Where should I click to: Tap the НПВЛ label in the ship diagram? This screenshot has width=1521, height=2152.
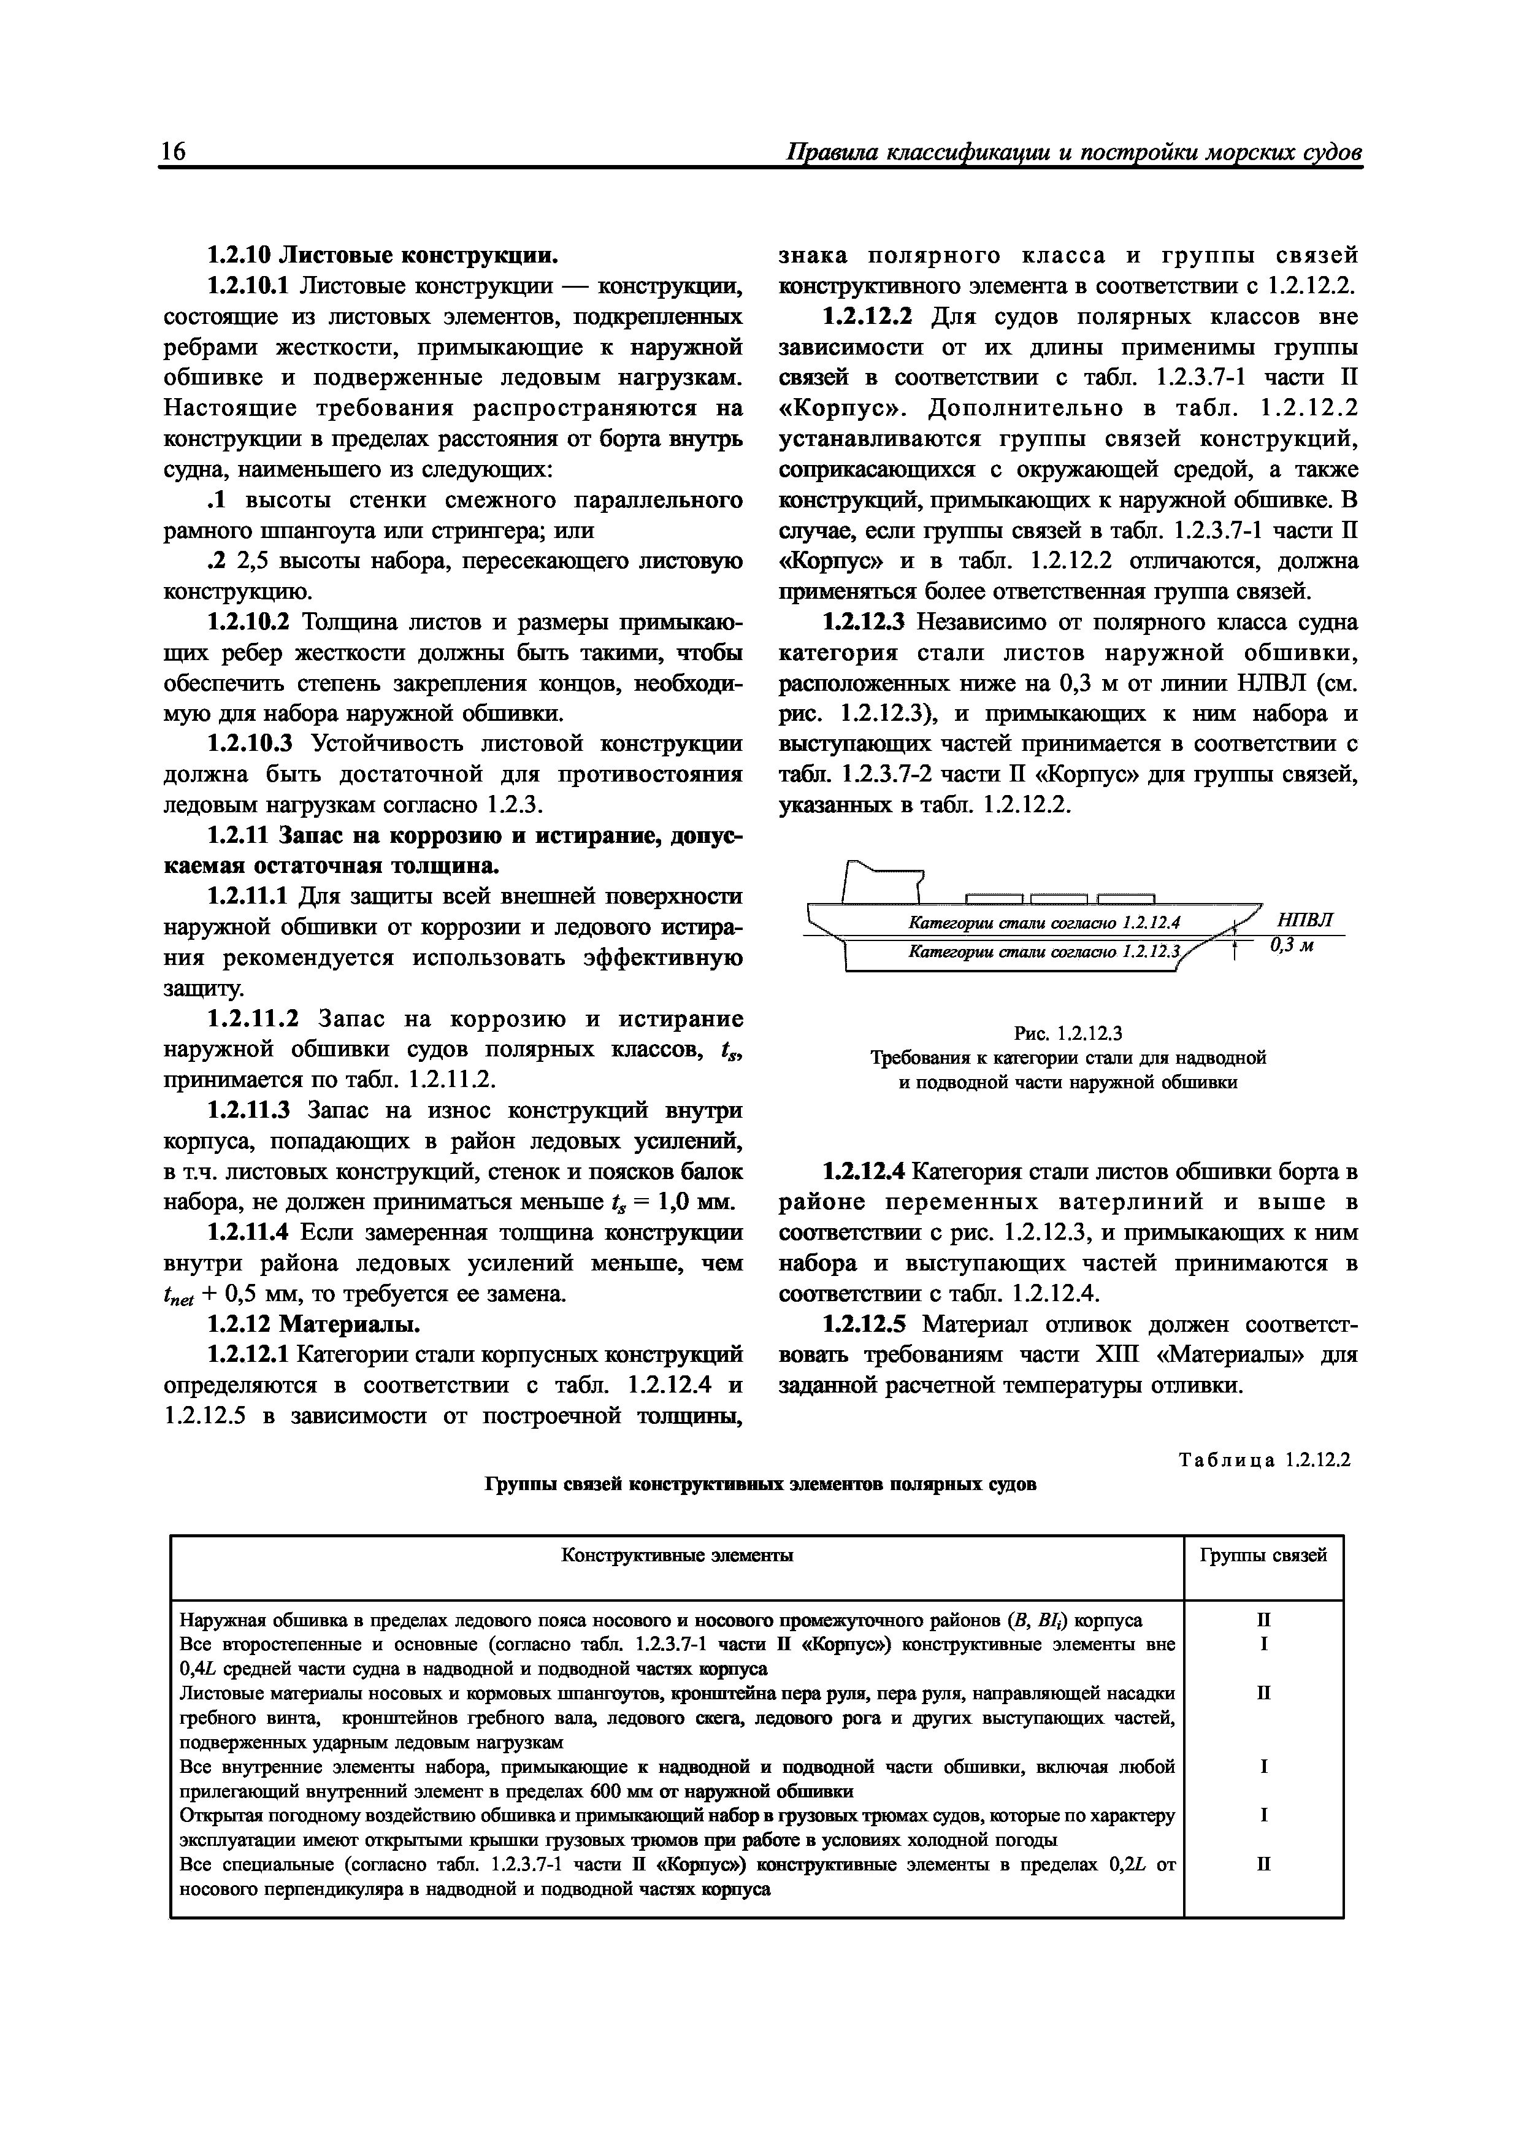coord(1305,918)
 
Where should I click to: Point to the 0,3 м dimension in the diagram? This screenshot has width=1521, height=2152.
coord(1292,946)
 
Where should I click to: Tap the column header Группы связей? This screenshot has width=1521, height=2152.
coord(1263,1555)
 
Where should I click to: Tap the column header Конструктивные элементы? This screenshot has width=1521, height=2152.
coord(676,1555)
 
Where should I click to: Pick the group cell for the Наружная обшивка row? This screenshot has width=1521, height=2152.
coord(1263,1620)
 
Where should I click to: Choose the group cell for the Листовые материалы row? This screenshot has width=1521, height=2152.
coord(1263,1693)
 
